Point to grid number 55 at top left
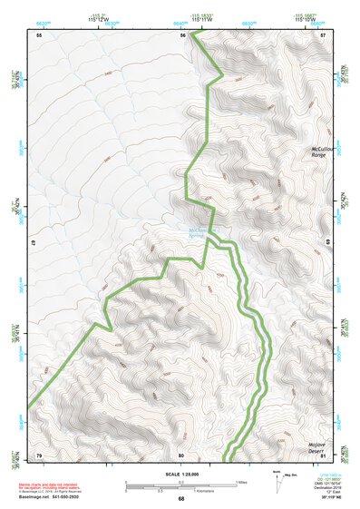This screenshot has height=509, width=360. (39, 34)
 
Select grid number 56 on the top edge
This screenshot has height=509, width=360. (181, 34)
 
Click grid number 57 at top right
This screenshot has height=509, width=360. (323, 34)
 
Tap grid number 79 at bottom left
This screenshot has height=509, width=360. (39, 455)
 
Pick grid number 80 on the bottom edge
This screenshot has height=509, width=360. (181, 455)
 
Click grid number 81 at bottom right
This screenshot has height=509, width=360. (323, 455)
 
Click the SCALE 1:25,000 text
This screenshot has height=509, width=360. (180, 474)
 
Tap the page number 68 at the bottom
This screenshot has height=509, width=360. (180, 498)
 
